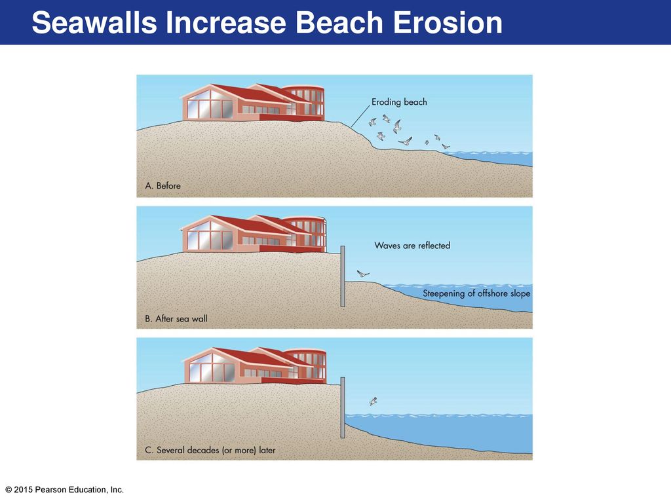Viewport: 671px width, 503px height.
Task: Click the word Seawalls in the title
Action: coord(94,22)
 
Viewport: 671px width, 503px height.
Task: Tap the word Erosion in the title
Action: coord(448,22)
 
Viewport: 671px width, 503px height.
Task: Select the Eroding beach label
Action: coord(399,102)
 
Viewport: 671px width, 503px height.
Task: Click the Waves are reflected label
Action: coord(412,246)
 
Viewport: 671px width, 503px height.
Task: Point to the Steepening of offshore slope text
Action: coord(476,293)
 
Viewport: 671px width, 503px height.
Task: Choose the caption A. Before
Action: coord(163,185)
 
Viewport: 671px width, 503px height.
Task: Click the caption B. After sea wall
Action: coord(176,319)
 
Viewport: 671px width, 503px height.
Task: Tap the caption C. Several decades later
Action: coord(210,450)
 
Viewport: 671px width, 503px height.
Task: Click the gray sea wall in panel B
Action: coord(343,276)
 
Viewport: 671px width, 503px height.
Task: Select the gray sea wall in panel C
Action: coord(343,407)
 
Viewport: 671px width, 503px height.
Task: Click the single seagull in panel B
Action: coord(363,273)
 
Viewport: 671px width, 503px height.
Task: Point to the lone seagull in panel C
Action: coord(373,401)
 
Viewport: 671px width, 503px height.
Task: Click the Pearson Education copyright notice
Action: coord(65,490)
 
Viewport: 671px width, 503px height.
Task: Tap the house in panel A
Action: coord(253,103)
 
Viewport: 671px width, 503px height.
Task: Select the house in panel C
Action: coord(255,365)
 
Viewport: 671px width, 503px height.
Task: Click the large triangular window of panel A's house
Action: coord(209,104)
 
